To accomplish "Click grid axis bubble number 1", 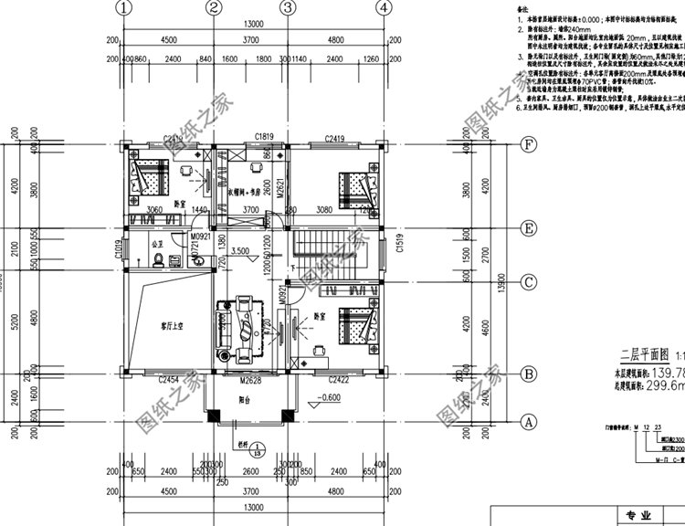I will point(125,8).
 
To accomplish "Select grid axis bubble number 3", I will point(287,8).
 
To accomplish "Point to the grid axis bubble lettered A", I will point(527,422).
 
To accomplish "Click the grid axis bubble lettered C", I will point(527,283).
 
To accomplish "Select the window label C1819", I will point(265,137).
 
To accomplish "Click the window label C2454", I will point(168,379).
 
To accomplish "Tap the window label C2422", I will point(340,379).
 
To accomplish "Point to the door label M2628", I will point(250,380).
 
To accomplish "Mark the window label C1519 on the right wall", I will point(399,247).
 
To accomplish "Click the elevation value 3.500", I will point(242,250).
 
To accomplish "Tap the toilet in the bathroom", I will point(162,261).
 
